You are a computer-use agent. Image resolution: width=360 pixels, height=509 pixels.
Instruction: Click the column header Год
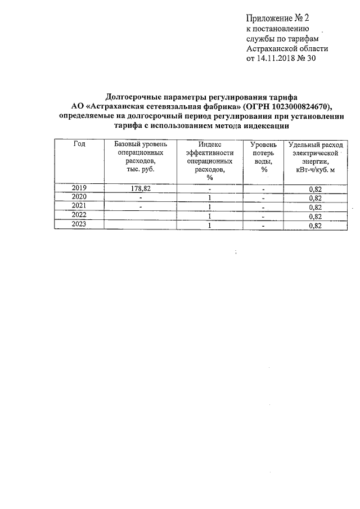79,144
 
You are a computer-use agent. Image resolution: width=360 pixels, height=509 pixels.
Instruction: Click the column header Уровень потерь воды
263,156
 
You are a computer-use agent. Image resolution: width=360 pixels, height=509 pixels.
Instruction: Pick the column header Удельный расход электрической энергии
315,156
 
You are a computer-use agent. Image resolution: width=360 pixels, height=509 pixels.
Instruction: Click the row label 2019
79,188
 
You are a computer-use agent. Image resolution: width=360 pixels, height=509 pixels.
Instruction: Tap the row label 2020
79,197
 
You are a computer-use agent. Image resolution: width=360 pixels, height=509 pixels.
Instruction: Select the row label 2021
79,206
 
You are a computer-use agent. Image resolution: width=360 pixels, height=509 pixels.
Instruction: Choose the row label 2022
79,215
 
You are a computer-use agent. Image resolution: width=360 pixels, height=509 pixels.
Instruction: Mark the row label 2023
79,224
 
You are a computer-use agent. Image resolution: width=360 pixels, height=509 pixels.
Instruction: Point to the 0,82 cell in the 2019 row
315,190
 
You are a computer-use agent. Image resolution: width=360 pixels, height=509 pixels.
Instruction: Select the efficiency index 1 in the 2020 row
209,198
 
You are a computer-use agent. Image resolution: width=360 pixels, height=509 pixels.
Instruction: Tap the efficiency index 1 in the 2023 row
209,226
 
